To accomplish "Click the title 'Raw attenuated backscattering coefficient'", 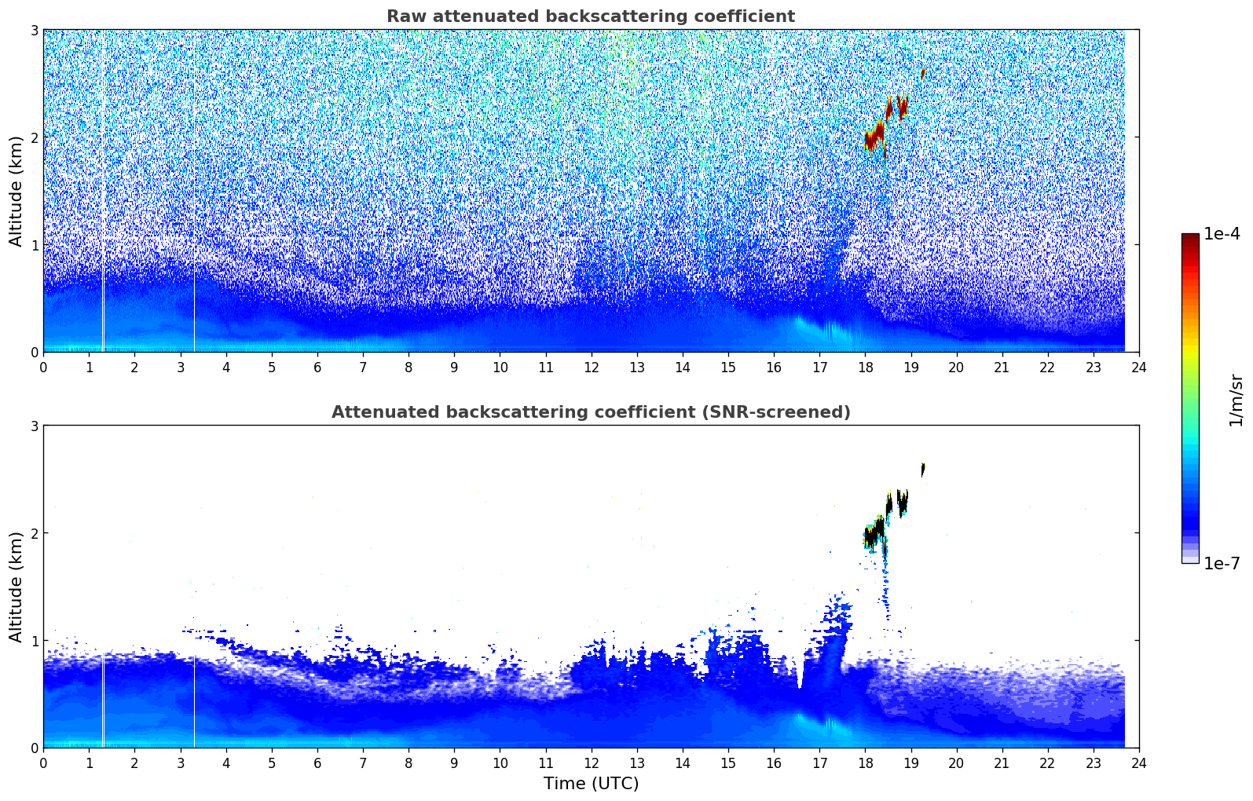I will [590, 16].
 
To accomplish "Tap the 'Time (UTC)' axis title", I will [591, 783].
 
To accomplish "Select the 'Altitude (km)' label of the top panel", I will [16, 191].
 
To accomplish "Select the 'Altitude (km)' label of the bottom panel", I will [16, 587].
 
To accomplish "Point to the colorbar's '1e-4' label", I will [1222, 234].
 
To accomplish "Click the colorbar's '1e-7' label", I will [1222, 563].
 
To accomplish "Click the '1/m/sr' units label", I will [1236, 400].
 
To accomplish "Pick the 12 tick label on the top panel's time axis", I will [591, 367].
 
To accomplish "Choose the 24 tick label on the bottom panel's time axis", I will [1138, 763].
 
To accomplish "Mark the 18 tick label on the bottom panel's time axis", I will [865, 763].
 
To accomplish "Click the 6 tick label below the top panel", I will [317, 367].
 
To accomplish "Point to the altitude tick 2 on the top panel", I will [34, 137].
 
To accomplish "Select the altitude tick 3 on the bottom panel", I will [34, 426].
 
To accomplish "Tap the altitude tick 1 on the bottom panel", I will [34, 641].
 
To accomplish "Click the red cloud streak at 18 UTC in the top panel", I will [874, 136].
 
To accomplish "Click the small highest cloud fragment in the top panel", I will [923, 73].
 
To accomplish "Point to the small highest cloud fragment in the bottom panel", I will [923, 470].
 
